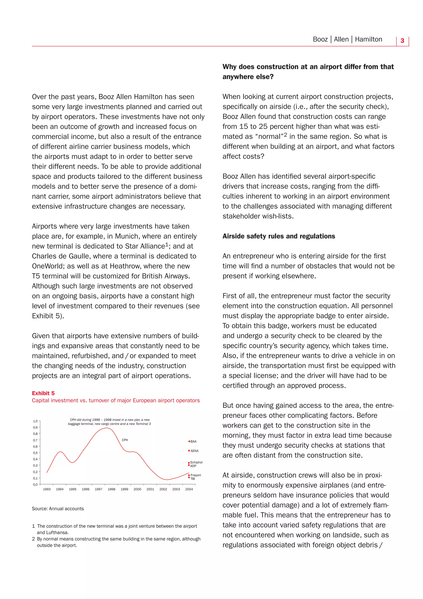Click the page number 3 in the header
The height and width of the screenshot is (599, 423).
402,41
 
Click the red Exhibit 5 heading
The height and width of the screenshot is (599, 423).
43,393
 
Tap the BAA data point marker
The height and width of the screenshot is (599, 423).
189,441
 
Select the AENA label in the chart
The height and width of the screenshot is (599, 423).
194,451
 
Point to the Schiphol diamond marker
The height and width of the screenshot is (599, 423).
189,463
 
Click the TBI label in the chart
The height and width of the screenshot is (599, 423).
193,479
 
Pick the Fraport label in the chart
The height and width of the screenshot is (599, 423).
196,475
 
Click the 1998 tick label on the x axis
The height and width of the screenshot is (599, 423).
112,489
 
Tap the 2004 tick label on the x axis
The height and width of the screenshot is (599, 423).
189,489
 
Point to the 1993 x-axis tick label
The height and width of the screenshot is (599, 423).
47,489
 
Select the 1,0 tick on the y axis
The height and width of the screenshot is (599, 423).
35,421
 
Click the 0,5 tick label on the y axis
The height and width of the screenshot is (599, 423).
35,453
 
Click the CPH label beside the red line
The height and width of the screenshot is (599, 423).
125,440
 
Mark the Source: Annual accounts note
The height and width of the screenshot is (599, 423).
58,508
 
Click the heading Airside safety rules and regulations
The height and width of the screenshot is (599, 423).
279,236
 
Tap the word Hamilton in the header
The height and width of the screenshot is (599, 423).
368,39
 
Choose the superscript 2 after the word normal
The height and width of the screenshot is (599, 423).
285,135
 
